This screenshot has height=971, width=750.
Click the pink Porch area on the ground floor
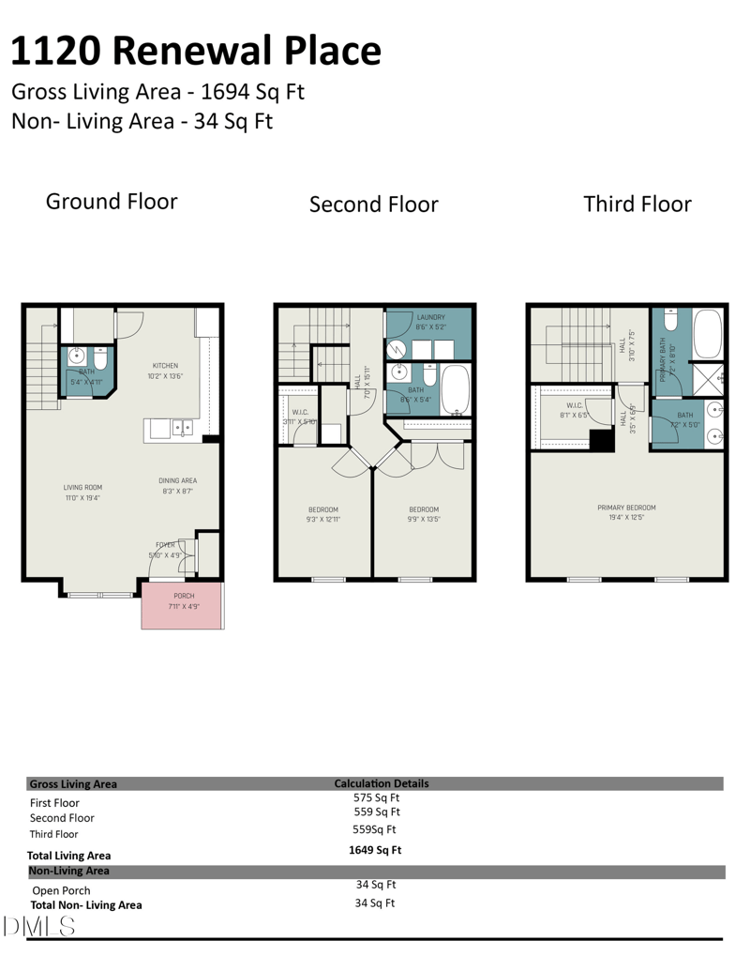183,605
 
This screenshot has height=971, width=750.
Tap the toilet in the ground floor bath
101,358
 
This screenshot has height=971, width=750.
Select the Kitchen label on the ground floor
165,366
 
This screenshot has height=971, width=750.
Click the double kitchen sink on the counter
181,429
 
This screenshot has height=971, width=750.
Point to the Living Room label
82,487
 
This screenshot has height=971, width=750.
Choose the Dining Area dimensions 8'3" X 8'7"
177,492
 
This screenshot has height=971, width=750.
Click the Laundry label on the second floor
431,317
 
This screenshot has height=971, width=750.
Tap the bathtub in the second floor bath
457,391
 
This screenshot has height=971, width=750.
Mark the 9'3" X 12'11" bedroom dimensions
323,519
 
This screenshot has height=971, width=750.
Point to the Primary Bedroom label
626,508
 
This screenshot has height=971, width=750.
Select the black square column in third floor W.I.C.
601,440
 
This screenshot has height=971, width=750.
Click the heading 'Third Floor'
637,204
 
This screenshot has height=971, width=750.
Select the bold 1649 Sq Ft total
375,850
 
